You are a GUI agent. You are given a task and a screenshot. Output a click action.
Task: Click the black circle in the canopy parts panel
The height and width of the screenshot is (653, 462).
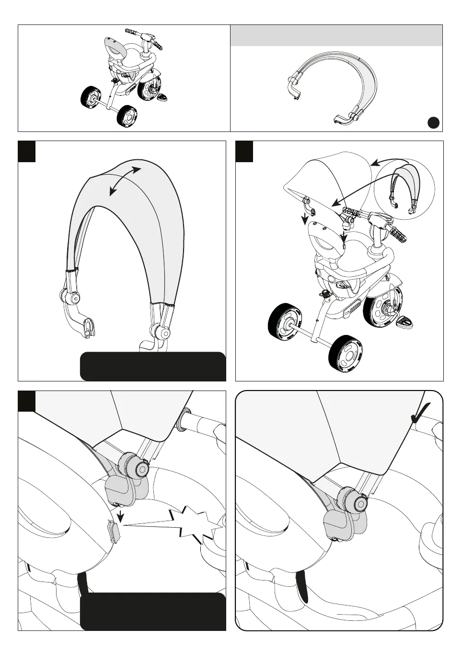point(434,122)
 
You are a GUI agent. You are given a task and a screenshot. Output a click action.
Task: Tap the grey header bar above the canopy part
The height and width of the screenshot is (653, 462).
point(336,36)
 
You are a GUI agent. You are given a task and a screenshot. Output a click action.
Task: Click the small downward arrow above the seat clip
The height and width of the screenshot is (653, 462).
point(120,515)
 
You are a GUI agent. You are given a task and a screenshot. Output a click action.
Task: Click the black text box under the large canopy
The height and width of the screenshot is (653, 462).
point(152,366)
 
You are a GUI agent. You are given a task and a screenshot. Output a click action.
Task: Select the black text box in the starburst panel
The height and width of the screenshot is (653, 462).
point(152,611)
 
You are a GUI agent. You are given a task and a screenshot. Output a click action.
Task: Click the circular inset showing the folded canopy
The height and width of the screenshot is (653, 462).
point(404,189)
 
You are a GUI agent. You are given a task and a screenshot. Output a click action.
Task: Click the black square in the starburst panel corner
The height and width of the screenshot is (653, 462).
point(26,401)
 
